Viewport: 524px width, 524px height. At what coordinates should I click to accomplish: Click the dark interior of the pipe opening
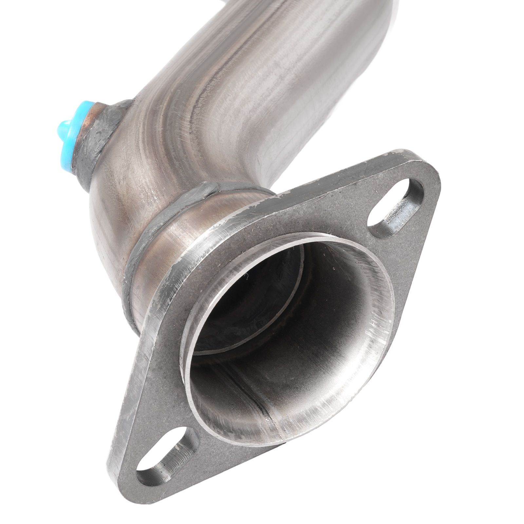(262, 311)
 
